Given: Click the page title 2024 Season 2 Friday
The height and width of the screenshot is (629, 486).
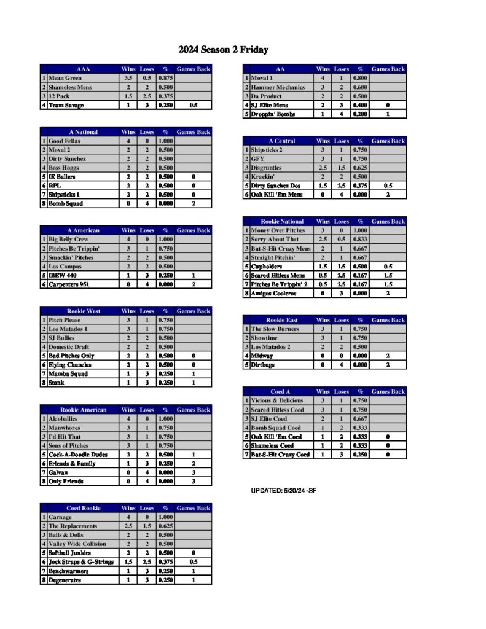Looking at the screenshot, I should [x=224, y=50].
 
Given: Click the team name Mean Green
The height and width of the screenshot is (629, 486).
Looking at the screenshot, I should [x=65, y=79].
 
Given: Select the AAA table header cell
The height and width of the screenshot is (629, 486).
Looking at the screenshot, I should [x=83, y=69].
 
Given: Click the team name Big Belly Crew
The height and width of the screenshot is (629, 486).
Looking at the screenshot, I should [x=69, y=240].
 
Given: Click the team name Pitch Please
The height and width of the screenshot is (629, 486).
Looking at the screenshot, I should [x=65, y=320].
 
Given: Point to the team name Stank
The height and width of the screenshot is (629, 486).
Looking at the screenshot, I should [x=57, y=383].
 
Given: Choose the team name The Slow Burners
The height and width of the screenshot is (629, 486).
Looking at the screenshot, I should [x=275, y=329].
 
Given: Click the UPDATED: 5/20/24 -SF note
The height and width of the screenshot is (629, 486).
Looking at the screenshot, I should [x=284, y=491].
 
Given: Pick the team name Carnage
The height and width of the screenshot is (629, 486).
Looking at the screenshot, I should [x=60, y=517].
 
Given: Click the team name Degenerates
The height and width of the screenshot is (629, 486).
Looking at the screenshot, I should [x=65, y=580].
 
